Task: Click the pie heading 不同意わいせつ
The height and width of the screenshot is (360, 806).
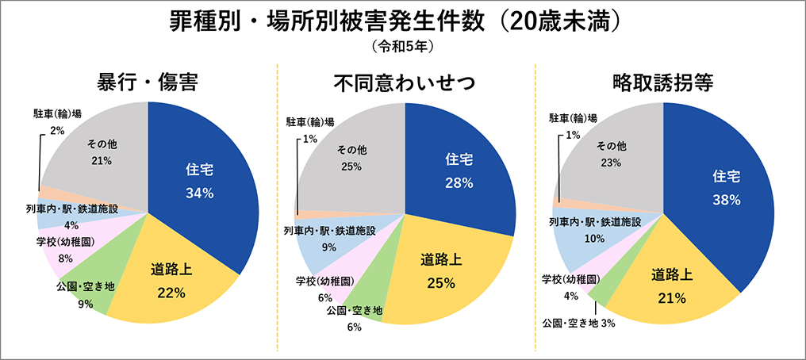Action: click(404, 82)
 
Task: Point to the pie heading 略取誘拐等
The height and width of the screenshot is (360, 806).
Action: click(662, 82)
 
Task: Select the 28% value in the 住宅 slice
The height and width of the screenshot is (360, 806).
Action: click(459, 182)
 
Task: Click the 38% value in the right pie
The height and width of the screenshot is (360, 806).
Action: click(726, 200)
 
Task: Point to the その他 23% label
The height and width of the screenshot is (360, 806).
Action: click(611, 154)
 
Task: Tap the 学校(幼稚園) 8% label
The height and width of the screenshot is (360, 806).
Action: click(65, 249)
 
